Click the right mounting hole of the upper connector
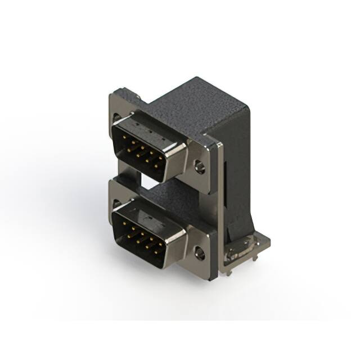(199, 166)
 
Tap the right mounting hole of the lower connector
(200, 253)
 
